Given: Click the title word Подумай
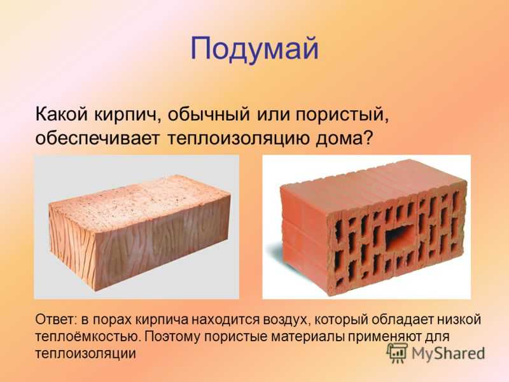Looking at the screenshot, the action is pyautogui.click(x=254, y=50).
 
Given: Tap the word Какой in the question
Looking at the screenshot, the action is pyautogui.click(x=62, y=115).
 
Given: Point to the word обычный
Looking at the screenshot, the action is pyautogui.click(x=209, y=115).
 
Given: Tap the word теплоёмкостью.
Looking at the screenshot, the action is pyautogui.click(x=88, y=337).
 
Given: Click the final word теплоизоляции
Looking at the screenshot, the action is pyautogui.click(x=85, y=353).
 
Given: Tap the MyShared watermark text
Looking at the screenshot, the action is pyautogui.click(x=448, y=353).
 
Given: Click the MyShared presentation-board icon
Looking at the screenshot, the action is pyautogui.click(x=397, y=353).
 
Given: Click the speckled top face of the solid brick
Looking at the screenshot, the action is pyautogui.click(x=138, y=203).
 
